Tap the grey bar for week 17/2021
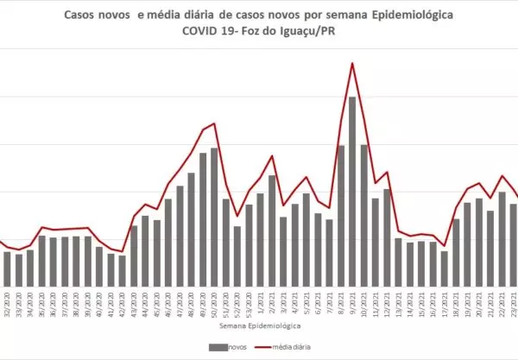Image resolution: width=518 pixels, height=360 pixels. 445,268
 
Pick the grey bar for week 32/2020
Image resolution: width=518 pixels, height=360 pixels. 7,269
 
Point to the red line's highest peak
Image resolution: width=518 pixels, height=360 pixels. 352,63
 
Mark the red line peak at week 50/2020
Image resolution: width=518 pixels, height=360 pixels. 214,123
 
